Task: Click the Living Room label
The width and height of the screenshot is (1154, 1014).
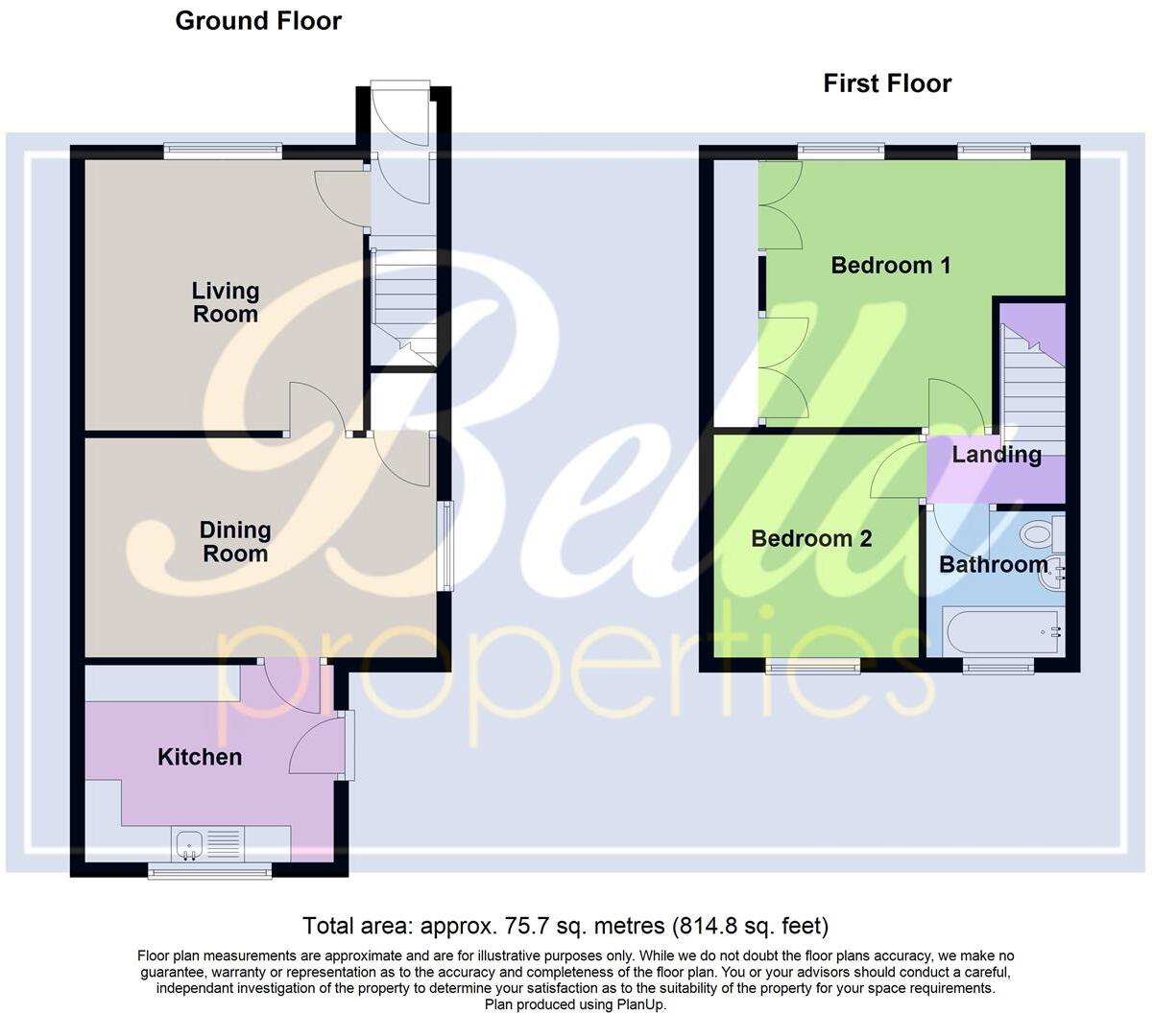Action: (226, 302)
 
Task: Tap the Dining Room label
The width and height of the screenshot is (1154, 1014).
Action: (235, 542)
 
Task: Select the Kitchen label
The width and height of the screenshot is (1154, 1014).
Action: (200, 757)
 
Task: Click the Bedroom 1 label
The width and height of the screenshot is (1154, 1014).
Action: (891, 265)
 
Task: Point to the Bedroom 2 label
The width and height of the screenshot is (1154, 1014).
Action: (811, 538)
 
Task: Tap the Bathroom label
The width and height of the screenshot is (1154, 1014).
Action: (994, 564)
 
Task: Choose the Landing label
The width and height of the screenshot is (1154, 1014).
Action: (997, 455)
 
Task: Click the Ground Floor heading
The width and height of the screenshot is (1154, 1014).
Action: (258, 20)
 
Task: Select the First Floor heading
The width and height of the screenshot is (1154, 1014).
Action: (887, 83)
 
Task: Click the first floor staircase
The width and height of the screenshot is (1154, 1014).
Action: (1033, 384)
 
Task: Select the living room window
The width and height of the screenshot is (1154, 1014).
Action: (223, 149)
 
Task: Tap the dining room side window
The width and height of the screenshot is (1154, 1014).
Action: (445, 545)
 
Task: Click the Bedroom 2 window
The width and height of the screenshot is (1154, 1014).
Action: (813, 664)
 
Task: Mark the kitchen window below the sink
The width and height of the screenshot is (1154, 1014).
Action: (209, 870)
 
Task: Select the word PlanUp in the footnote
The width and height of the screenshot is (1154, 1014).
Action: (638, 1005)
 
